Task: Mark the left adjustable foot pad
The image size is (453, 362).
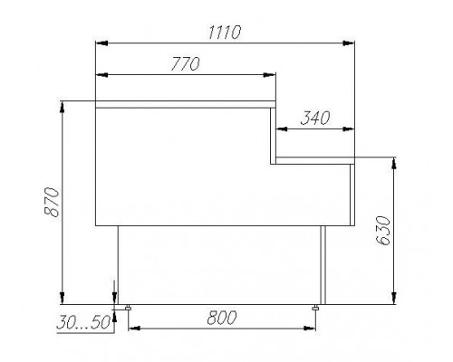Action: (128, 308)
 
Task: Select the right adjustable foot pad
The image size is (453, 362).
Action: (314, 308)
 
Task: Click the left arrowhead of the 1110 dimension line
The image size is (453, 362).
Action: (101, 43)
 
